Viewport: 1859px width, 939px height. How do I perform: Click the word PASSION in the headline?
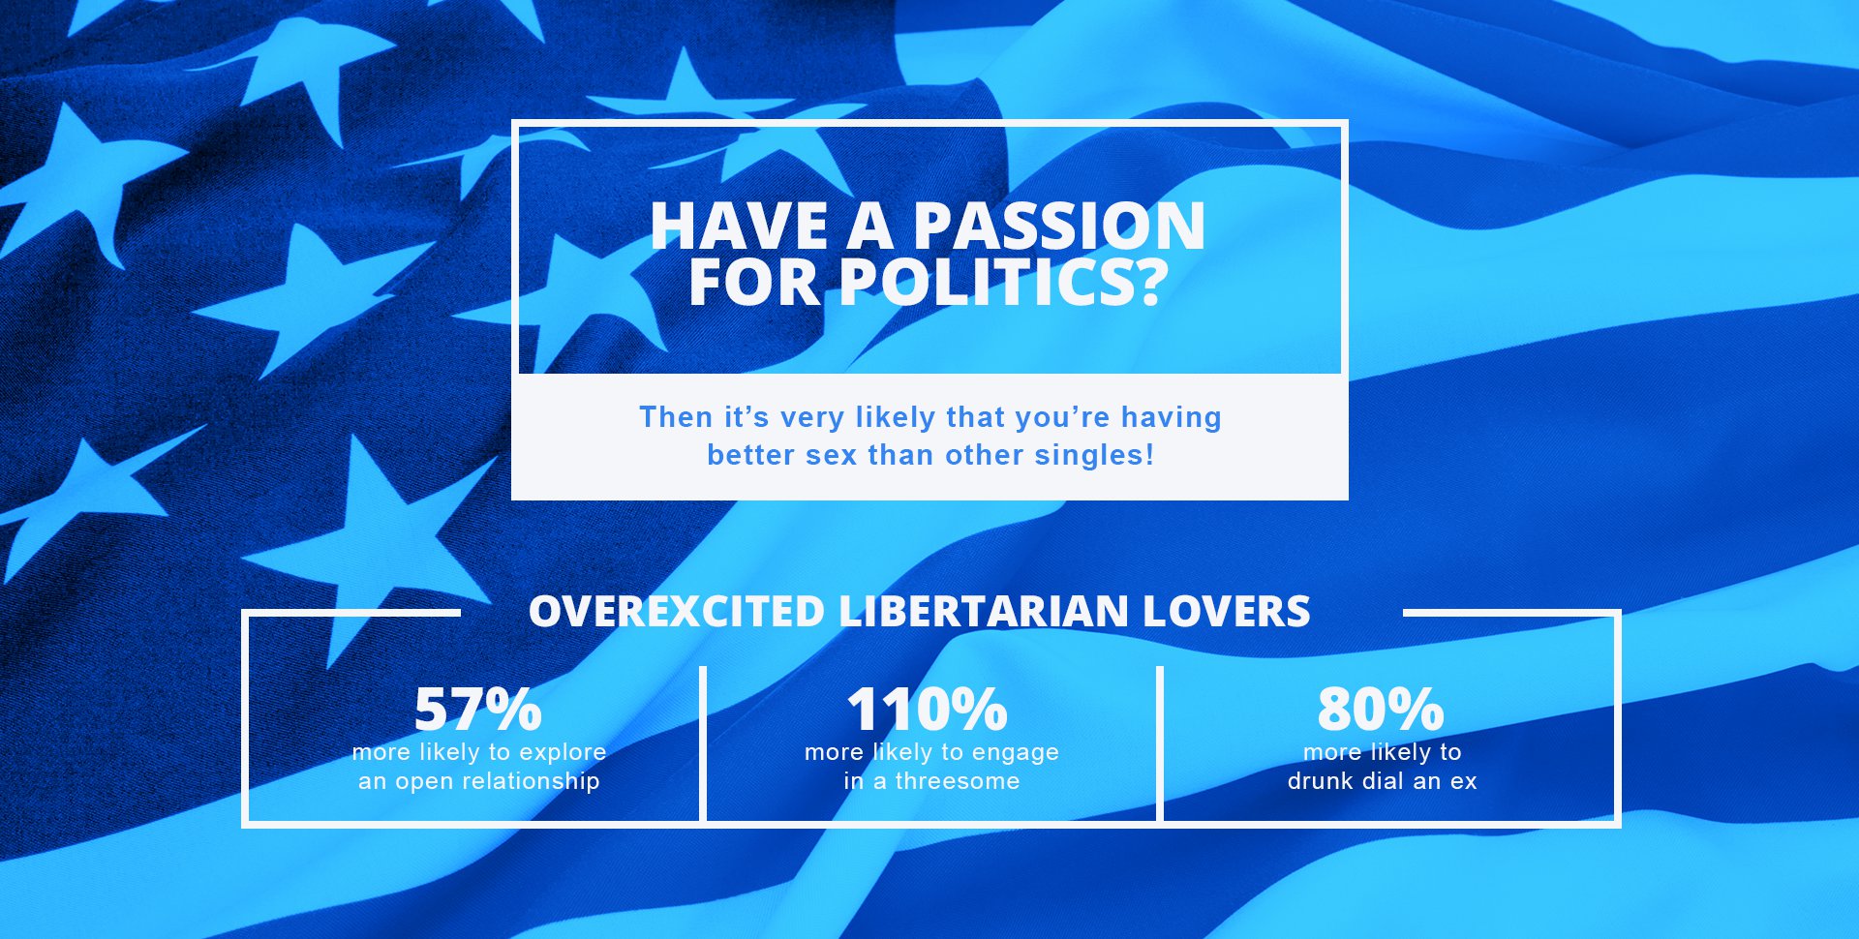coord(1059,226)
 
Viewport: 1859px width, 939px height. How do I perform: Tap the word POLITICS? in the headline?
coord(1003,283)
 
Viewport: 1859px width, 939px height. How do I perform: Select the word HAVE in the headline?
coord(739,226)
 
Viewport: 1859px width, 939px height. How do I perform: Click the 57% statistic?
coord(477,709)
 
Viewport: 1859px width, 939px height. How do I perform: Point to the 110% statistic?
coord(928,709)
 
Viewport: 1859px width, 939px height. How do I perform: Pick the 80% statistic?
coord(1381,709)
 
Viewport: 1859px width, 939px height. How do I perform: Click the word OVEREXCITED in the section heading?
coord(677,612)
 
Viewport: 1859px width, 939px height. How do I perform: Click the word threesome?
coord(958,781)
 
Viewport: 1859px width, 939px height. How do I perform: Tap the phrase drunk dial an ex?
coord(1382,781)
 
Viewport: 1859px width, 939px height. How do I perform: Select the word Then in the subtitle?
coord(676,417)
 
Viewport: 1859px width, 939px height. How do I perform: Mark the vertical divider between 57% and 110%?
coord(703,743)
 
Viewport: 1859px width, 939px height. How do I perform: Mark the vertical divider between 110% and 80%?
coord(1160,743)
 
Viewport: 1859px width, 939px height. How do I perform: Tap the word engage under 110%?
coord(1015,753)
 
